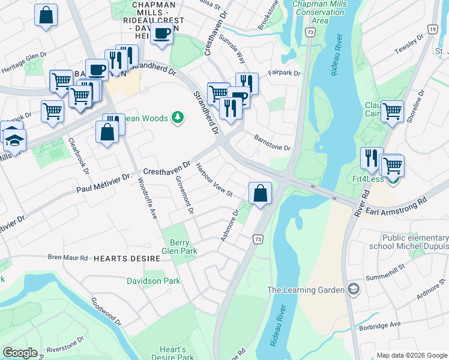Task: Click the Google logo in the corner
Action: (20, 353)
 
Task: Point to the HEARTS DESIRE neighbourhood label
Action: (126, 258)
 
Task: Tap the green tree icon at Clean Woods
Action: (177, 116)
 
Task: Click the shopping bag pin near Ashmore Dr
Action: (260, 194)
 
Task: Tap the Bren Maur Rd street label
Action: (68, 257)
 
